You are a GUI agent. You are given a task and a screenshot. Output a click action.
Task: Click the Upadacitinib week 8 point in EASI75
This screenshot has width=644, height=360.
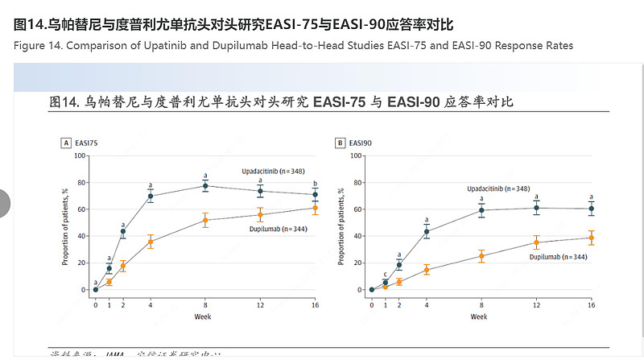pos(204,186)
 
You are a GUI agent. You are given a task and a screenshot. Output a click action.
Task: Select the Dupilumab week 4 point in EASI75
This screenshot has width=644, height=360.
pos(150,242)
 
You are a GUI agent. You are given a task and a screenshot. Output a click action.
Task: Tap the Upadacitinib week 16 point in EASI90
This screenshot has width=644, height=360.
pos(591,209)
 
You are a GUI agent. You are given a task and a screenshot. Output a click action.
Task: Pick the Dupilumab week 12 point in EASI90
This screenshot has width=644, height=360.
pos(536,242)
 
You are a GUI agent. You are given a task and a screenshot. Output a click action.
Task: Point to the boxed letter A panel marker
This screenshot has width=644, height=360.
pos(66,143)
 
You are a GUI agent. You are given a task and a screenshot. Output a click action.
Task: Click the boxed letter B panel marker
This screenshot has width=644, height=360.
pos(341,143)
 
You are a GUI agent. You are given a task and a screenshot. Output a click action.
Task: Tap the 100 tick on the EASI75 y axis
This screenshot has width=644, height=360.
pos(80,155)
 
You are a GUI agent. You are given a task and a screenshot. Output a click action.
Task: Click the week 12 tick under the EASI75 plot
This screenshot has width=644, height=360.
pos(260,305)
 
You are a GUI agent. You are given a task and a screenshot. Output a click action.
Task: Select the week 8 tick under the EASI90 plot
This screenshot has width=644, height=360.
pos(481,305)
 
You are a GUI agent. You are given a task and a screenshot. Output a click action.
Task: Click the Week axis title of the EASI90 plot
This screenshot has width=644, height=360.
pos(480,317)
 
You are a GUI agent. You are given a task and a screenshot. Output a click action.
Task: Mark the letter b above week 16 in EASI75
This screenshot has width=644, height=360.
pos(315,183)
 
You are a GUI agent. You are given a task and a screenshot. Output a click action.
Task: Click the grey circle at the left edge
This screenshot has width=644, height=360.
pos(4,203)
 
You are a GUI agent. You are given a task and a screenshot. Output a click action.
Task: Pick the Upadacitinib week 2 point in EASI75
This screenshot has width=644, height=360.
pos(123,231)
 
